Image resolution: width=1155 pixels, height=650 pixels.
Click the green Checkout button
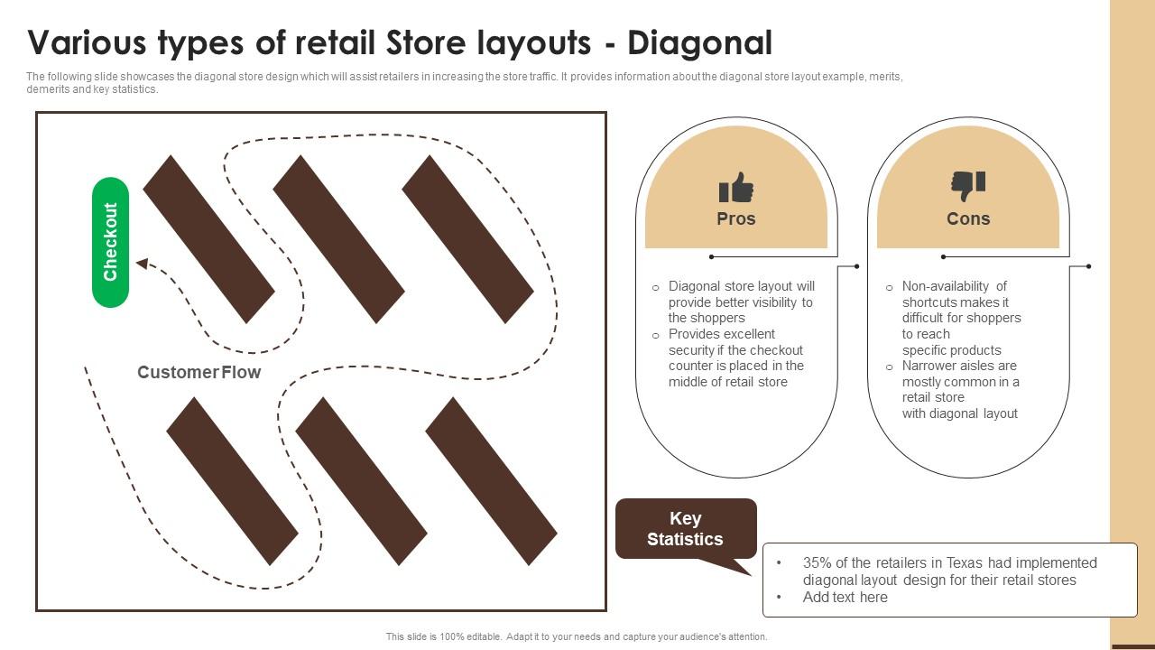[110, 242]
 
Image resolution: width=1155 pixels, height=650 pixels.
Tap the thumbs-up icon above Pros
[736, 188]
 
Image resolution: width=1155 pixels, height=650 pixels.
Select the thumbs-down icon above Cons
[968, 186]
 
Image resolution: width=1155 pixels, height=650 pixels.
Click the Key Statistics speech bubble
[685, 529]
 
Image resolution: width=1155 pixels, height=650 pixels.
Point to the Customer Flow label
[199, 372]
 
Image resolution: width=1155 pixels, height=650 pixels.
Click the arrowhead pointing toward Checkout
[142, 264]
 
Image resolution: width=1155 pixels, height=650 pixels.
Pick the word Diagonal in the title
[700, 42]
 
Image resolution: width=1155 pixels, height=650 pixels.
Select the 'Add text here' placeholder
[845, 597]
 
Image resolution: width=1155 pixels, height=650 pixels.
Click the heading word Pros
[736, 218]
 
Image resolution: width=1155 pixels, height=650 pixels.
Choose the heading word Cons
[968, 218]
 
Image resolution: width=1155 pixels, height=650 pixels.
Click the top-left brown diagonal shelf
[208, 239]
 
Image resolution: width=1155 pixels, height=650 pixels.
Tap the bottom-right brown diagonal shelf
[491, 481]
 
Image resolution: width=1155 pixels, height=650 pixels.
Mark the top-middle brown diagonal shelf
[338, 239]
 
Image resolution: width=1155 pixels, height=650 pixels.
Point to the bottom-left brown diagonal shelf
[232, 481]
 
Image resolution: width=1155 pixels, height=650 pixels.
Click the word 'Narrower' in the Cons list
[933, 366]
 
